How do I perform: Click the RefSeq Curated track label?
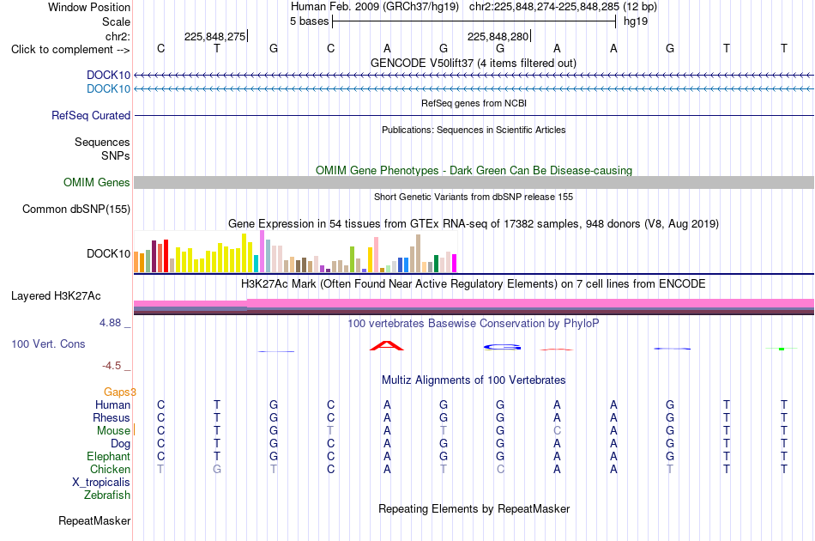click(91, 115)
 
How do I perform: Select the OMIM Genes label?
click(97, 183)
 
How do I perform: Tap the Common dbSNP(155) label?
click(76, 210)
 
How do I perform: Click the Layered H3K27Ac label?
click(56, 296)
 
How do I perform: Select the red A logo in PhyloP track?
click(387, 345)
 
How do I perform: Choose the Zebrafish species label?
click(107, 495)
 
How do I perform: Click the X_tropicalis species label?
click(101, 483)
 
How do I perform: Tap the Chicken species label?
click(110, 469)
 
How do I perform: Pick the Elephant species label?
click(109, 456)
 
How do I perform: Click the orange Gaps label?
click(119, 392)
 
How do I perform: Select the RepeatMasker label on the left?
click(94, 520)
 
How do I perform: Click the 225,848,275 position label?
click(214, 36)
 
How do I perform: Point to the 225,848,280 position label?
click(498, 36)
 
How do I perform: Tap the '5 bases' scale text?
click(309, 21)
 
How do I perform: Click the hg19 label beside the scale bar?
click(636, 21)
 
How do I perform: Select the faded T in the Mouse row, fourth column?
click(330, 431)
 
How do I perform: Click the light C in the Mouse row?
click(557, 431)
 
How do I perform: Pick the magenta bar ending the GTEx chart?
click(455, 264)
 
